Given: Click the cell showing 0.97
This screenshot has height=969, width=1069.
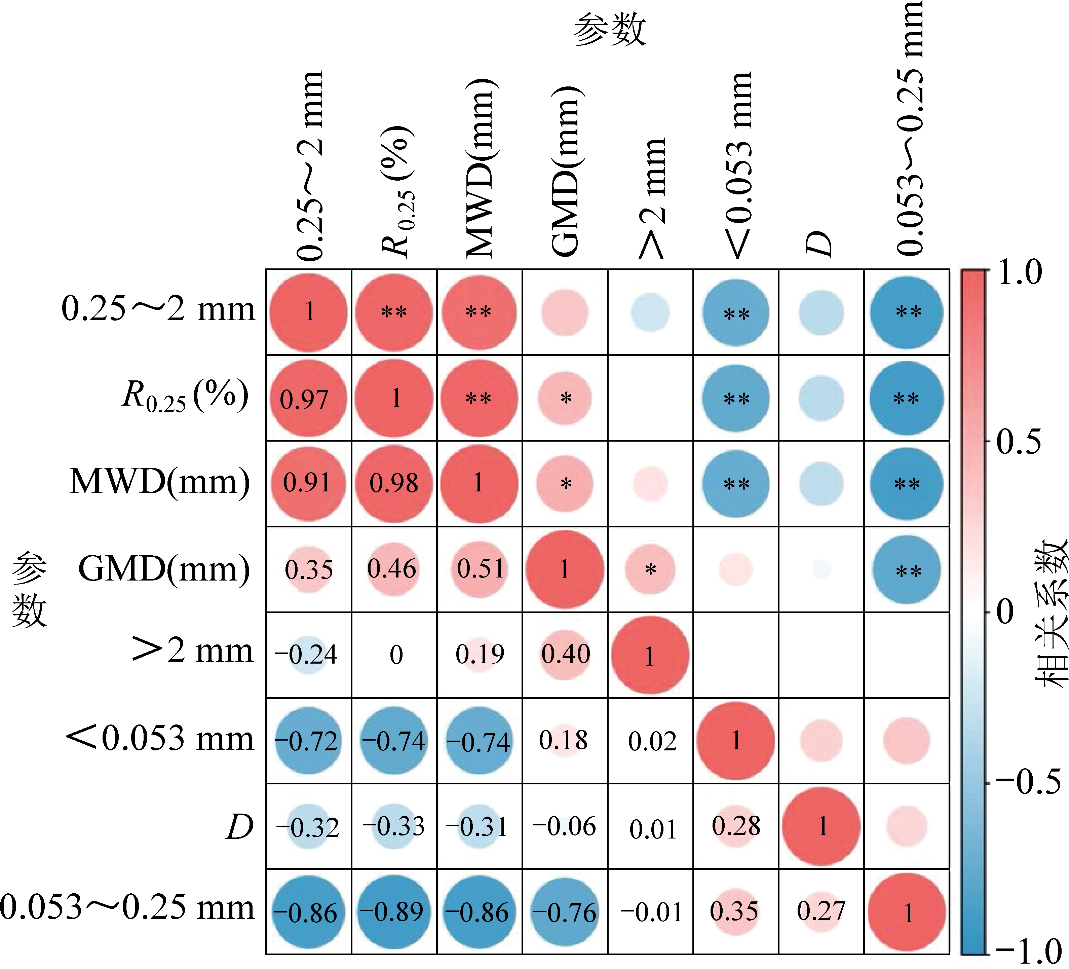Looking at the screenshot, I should coord(304,399).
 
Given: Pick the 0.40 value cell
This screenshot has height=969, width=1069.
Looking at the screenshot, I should coord(565,654).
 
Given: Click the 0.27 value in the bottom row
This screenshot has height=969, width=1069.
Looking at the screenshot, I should coord(821,911).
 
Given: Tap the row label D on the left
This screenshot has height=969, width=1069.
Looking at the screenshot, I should coord(240,827).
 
